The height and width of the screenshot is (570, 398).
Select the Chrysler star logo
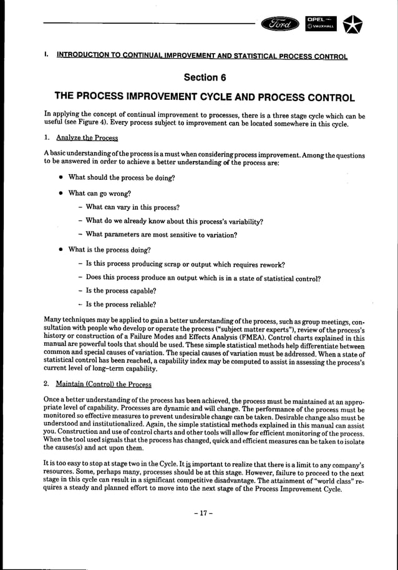pos(354,23)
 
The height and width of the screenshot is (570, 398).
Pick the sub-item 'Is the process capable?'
pos(120,290)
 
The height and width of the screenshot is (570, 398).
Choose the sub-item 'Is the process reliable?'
pos(120,305)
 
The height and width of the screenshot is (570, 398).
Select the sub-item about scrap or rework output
pos(185,263)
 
